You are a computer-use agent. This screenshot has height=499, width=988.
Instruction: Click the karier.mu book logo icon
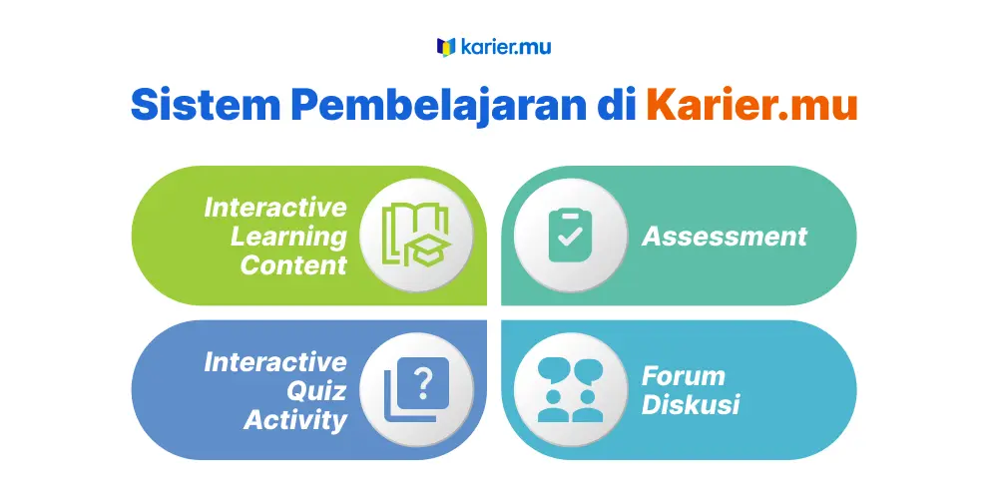(446, 47)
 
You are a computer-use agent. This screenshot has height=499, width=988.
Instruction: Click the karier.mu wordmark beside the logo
(506, 47)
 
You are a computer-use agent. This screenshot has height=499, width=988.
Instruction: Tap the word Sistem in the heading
(206, 104)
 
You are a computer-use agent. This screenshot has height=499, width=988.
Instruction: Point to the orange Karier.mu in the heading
(751, 104)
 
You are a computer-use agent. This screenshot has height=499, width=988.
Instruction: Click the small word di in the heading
(617, 104)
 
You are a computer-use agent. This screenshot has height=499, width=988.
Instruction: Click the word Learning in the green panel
(288, 238)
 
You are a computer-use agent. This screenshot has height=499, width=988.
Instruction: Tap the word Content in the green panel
(293, 265)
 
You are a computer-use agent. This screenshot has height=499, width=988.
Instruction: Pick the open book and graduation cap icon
(416, 235)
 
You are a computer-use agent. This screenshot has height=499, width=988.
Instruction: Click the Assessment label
(725, 237)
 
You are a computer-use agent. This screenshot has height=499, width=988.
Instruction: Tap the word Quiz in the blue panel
(317, 391)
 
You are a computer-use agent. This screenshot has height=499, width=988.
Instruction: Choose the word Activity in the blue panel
(295, 420)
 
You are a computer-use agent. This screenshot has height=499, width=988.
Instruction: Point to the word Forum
(684, 376)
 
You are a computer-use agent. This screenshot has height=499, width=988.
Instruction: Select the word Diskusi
(691, 404)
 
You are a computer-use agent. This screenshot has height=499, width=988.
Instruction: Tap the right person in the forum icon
(587, 407)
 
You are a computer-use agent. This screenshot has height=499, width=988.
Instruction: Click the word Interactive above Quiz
(275, 362)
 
